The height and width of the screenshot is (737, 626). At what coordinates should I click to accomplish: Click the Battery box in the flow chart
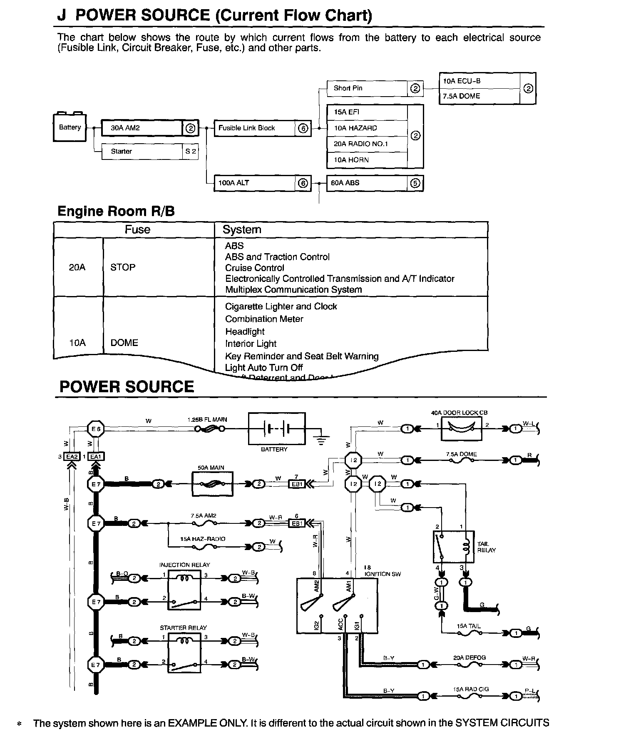pyautogui.click(x=70, y=127)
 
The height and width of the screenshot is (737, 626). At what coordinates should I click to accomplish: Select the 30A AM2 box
pyautogui.click(x=142, y=128)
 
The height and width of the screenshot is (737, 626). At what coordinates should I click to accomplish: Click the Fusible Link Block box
pyautogui.click(x=255, y=128)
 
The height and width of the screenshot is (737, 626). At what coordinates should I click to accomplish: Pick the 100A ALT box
pyautogui.click(x=255, y=183)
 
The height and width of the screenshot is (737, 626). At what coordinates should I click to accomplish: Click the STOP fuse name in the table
pyautogui.click(x=123, y=267)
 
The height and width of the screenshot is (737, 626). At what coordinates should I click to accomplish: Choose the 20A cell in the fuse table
pyautogui.click(x=77, y=267)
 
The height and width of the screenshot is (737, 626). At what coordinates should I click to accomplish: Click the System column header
pyautogui.click(x=242, y=229)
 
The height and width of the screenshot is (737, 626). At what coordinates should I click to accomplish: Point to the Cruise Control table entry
pyautogui.click(x=254, y=268)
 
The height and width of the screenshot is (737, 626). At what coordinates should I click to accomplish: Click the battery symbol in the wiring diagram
pyautogui.click(x=276, y=428)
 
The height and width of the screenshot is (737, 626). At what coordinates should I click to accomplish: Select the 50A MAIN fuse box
pyautogui.click(x=212, y=484)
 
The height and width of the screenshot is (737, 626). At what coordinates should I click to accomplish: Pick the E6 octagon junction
pyautogui.click(x=96, y=428)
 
